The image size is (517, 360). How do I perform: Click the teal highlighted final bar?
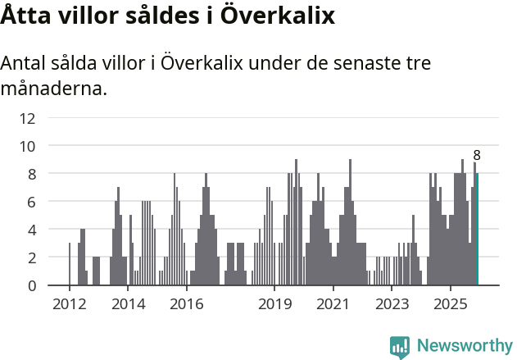point(477,230)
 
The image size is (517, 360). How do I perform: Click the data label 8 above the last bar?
point(477,155)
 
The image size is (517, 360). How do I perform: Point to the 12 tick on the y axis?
point(28,118)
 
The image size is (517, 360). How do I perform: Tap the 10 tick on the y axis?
point(28,146)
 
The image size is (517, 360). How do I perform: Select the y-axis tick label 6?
point(31,202)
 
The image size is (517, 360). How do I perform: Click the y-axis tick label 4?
point(31,230)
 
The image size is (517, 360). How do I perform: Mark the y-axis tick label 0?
point(31,285)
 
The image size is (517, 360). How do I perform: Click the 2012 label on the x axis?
point(69,304)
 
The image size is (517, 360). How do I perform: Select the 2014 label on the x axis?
point(128,304)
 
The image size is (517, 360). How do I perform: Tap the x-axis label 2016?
point(187,304)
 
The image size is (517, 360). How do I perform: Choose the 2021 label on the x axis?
point(333,304)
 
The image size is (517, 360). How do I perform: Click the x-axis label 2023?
point(392,304)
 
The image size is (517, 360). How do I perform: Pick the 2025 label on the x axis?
point(451,304)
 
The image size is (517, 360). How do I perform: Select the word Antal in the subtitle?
point(25,64)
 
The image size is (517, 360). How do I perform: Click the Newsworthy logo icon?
point(400,346)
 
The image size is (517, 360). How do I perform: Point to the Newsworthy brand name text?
point(465,346)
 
